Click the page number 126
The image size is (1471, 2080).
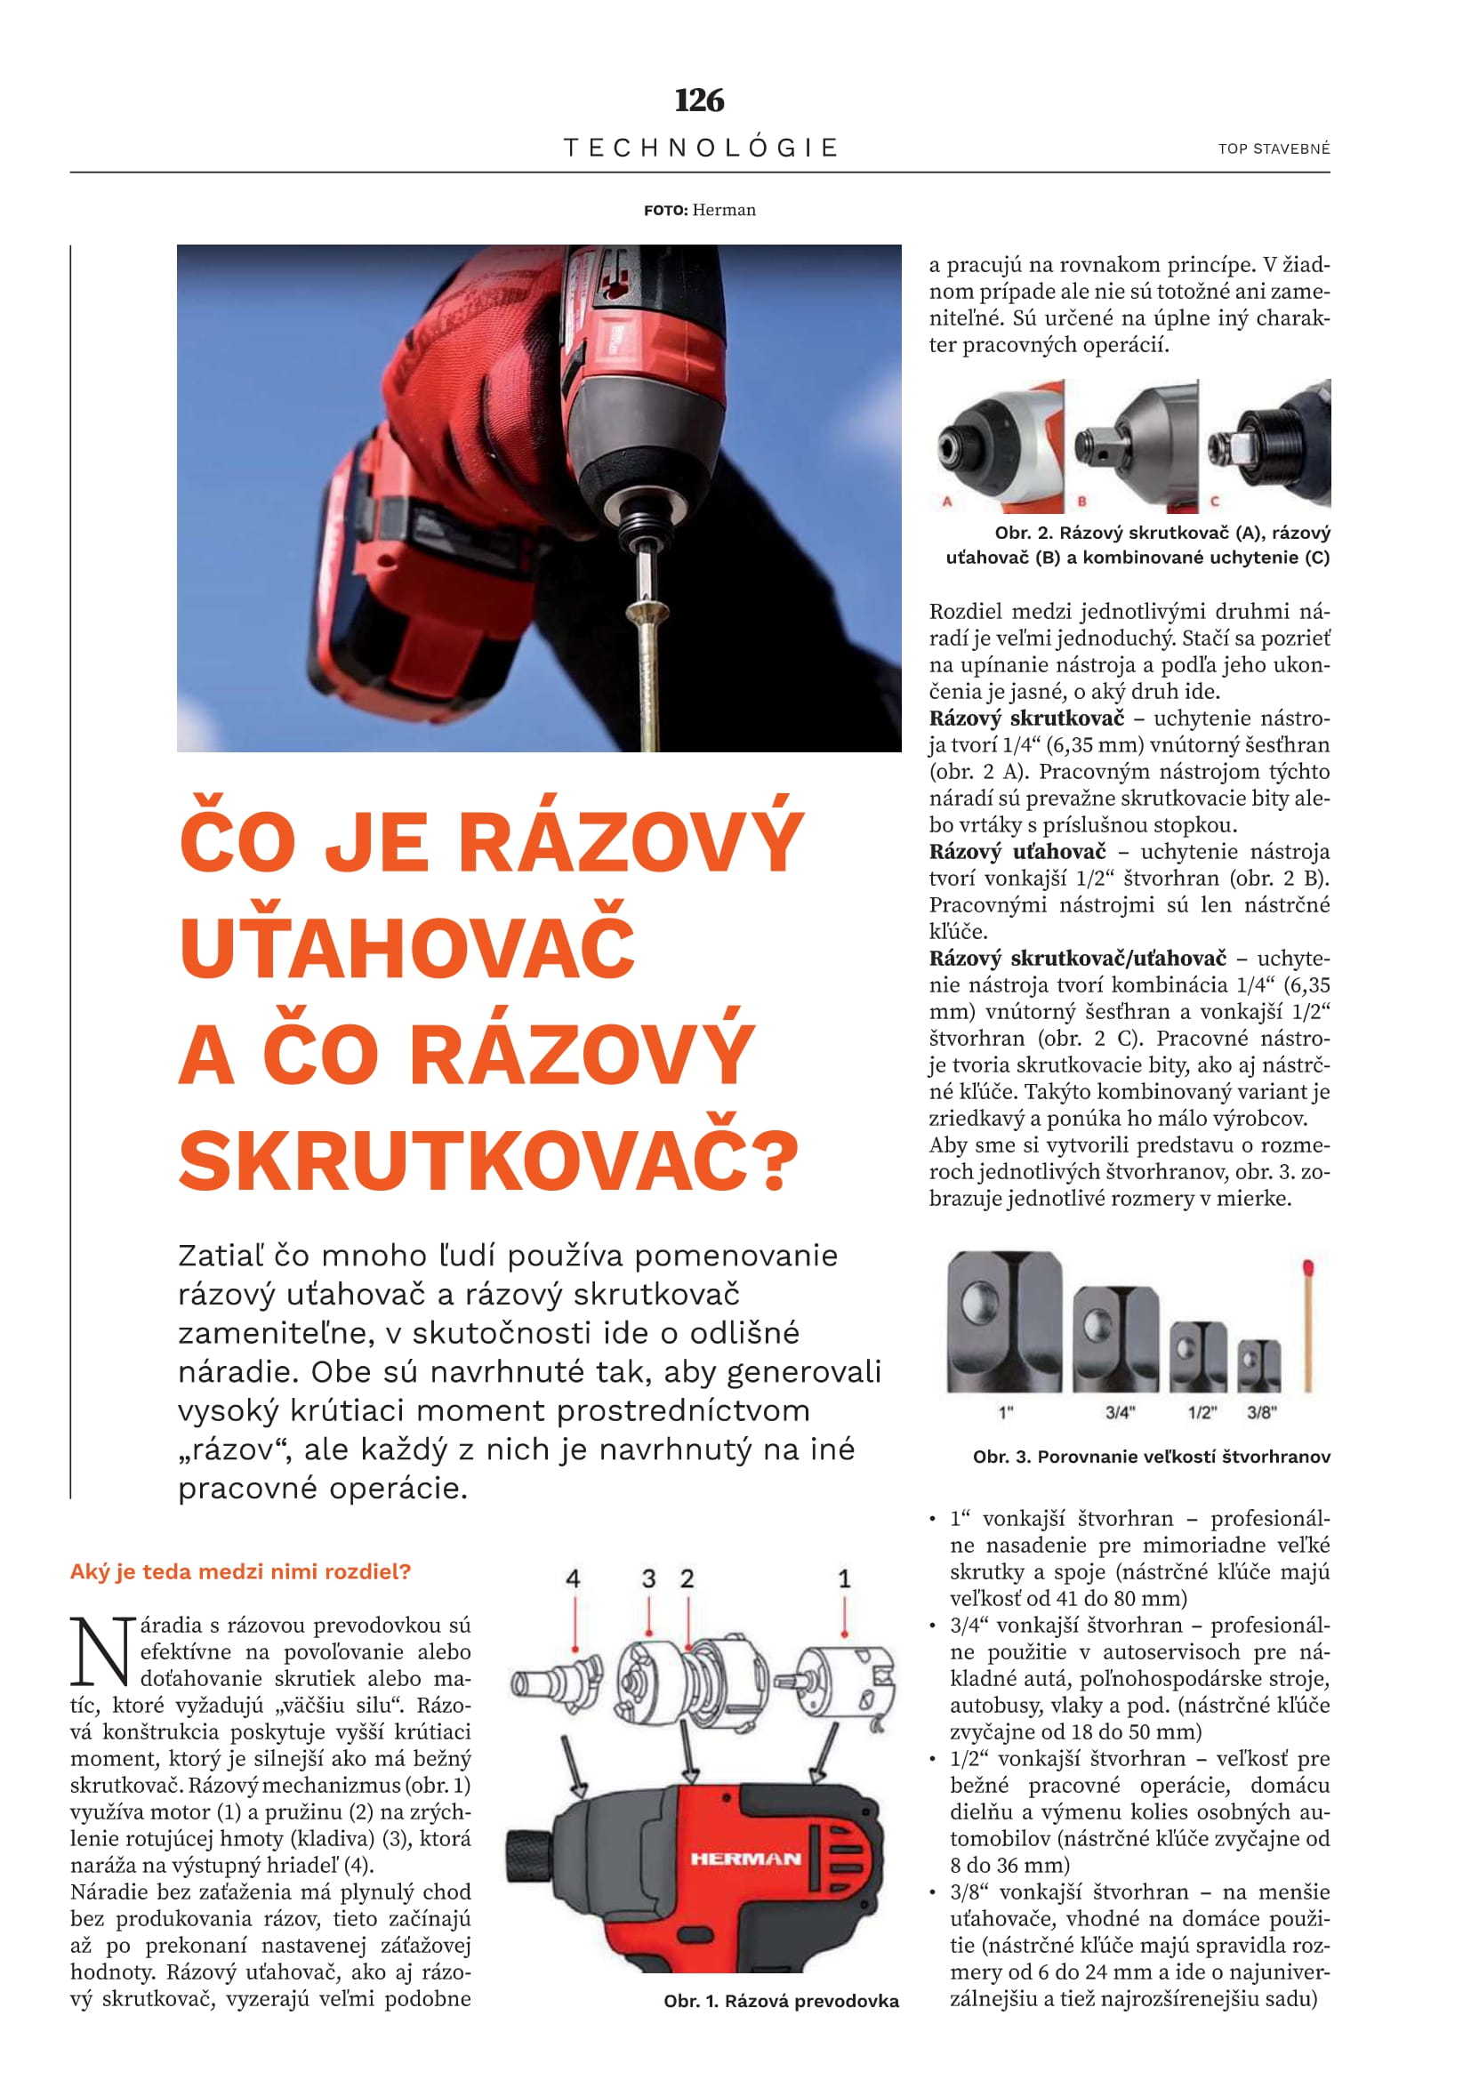[699, 100]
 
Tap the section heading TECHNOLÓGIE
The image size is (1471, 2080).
[700, 148]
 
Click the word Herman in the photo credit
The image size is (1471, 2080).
[724, 210]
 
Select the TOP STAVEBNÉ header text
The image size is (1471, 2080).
[1274, 149]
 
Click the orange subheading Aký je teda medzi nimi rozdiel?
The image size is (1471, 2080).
[240, 1570]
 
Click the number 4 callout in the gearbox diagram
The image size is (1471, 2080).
[573, 1579]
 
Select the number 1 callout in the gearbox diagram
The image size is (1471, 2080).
[844, 1579]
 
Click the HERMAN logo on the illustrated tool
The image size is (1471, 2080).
[745, 1859]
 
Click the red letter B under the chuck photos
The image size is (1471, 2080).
[1081, 501]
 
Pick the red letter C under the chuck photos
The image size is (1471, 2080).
[1215, 501]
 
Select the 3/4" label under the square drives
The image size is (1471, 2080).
[1120, 1412]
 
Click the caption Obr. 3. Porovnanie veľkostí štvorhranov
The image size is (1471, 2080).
[1151, 1457]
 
